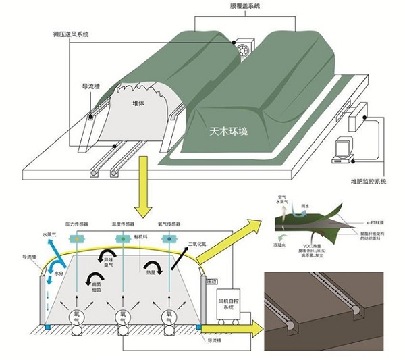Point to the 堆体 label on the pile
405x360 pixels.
point(140,104)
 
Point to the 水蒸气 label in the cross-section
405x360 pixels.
point(52,235)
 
